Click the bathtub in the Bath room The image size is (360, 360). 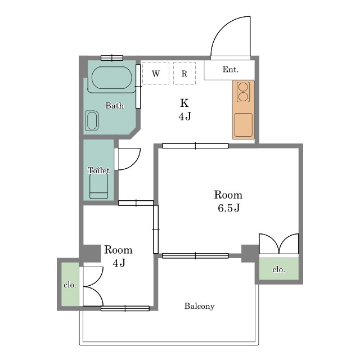(112, 78)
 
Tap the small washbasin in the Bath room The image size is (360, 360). (92, 121)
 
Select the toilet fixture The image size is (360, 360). (98, 186)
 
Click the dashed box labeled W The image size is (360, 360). (156, 73)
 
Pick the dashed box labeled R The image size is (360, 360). (184, 73)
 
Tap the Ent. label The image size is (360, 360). (231, 69)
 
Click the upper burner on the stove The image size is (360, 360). (243, 87)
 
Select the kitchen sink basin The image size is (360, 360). (244, 125)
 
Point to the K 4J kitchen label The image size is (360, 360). (184, 110)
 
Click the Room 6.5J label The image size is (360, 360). (228, 201)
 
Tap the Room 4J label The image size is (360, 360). (119, 256)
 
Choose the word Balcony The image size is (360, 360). (199, 306)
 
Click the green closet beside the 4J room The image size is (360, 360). (70, 284)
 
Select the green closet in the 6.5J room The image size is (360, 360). (279, 269)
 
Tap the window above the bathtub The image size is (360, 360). (112, 58)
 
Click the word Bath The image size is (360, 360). (115, 106)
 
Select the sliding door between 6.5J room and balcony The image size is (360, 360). (195, 256)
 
